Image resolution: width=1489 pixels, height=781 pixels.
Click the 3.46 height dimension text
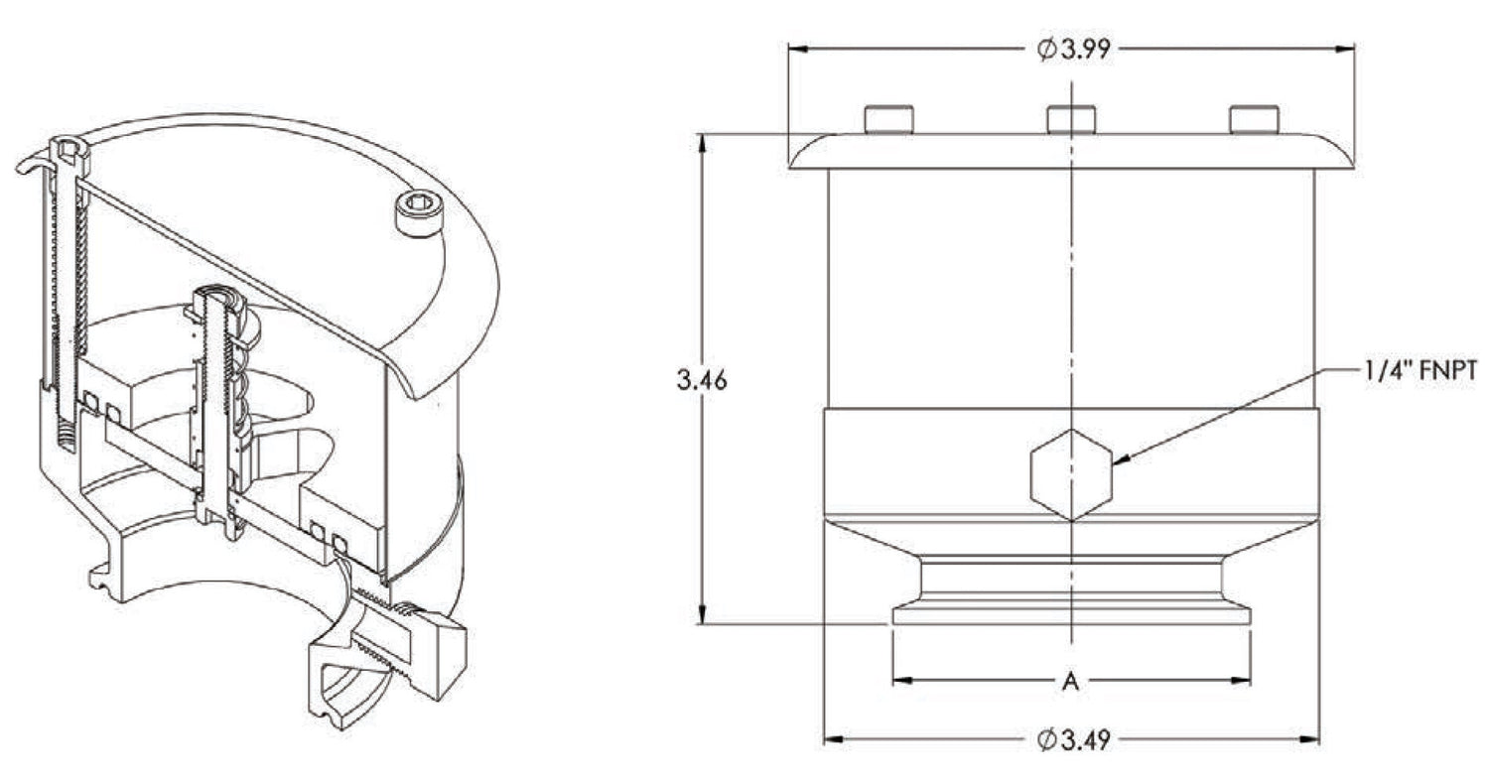[x=702, y=380]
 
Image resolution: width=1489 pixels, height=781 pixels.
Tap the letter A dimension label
[x=1070, y=681]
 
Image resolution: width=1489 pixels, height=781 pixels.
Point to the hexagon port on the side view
[x=1071, y=474]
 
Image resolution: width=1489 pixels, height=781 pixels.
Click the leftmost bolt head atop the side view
[x=888, y=119]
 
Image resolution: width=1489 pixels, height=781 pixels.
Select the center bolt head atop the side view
[x=1071, y=119]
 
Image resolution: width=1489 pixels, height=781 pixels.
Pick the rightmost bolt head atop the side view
[x=1254, y=119]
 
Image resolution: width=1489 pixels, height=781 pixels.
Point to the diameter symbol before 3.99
[x=1047, y=49]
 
